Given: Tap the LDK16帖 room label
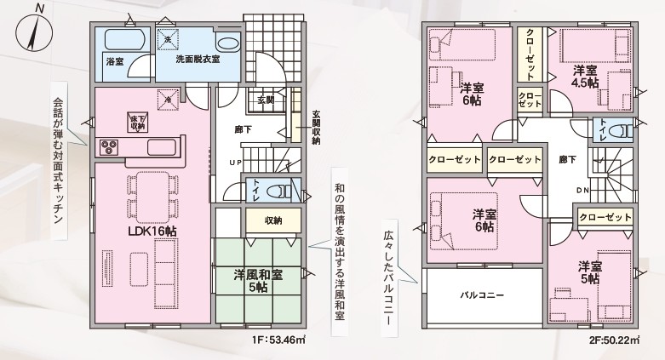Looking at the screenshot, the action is click(x=152, y=231).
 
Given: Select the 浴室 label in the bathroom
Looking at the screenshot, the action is click(x=114, y=62).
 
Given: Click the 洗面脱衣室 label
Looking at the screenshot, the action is click(x=198, y=60).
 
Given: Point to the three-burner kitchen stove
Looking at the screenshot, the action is click(x=109, y=148).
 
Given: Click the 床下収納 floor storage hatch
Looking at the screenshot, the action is click(x=136, y=122).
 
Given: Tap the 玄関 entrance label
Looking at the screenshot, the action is click(x=266, y=100).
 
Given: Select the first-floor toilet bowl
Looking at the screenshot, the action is click(x=283, y=190).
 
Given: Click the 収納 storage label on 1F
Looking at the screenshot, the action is click(x=273, y=220).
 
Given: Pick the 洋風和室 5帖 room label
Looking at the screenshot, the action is click(x=258, y=280).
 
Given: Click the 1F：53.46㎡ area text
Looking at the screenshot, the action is click(x=279, y=340).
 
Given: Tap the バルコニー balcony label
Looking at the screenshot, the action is click(x=482, y=295).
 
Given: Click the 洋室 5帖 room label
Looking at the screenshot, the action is click(x=590, y=272).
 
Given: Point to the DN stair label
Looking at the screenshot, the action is click(x=582, y=191).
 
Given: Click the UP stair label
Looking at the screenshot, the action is click(x=236, y=163).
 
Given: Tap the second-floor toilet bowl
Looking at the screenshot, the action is click(x=623, y=129).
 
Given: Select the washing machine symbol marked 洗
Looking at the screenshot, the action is click(x=168, y=39).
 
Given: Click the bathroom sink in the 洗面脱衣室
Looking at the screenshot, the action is click(x=227, y=43).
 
